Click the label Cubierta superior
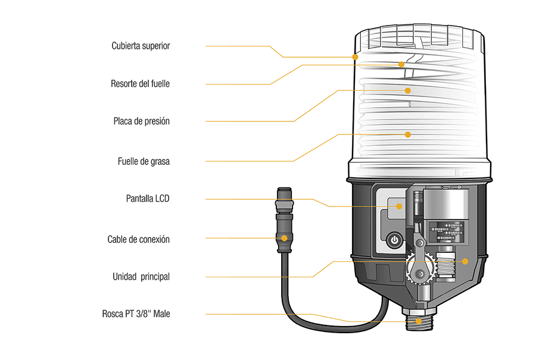141,46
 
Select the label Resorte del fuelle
140,84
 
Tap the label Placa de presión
142,121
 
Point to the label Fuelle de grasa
144,161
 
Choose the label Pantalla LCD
148,198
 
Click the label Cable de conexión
138,239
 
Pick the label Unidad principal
141,277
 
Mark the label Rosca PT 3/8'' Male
136,314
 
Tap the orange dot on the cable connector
284,238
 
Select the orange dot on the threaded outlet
419,321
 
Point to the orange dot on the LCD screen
399,206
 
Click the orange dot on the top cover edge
355,57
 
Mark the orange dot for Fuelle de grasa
407,134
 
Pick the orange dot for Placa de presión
407,90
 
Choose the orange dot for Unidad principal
465,261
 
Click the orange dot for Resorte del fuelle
401,64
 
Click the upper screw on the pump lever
420,243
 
